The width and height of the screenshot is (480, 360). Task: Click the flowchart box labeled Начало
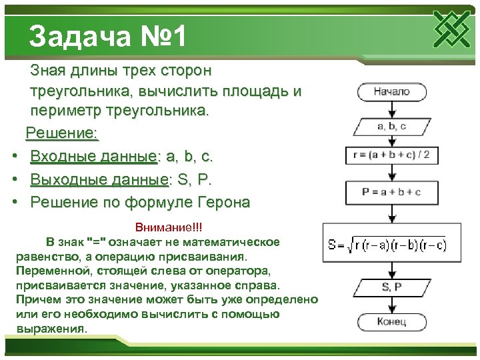(x=391, y=92)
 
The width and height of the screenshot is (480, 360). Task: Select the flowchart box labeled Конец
(x=391, y=322)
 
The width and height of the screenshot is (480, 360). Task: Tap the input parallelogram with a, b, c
(x=391, y=125)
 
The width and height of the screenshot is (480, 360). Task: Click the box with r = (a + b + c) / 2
(x=391, y=156)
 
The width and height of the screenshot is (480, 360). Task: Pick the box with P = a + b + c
(x=391, y=192)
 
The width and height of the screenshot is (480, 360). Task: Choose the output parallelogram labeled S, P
(x=391, y=287)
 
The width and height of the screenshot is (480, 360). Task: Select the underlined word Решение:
(x=62, y=133)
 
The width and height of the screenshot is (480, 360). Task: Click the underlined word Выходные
(x=65, y=179)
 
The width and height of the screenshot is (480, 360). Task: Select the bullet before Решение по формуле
(x=15, y=203)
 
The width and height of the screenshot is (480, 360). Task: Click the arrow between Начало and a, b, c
(x=391, y=109)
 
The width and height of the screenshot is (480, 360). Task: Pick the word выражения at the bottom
(x=49, y=329)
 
